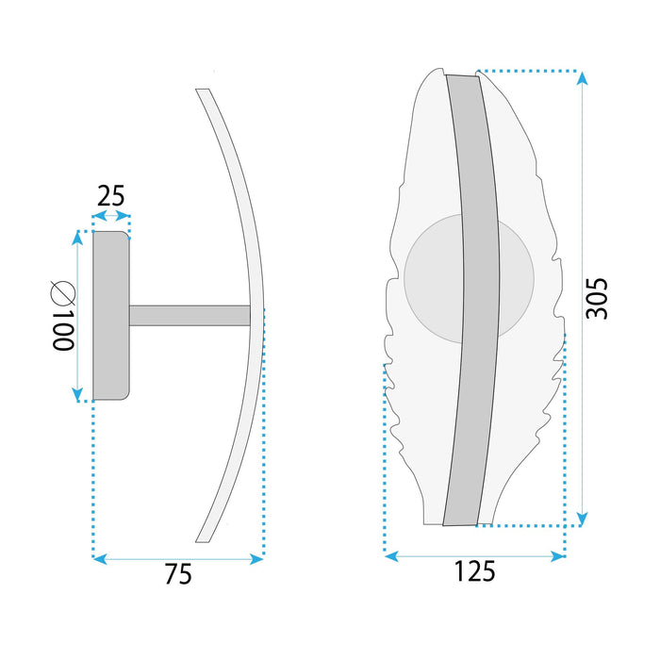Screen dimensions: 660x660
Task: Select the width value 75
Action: click(177, 574)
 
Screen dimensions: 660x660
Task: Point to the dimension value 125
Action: click(474, 571)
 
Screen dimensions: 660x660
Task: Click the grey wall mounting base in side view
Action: click(109, 316)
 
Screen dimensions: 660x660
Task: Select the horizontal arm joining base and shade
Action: click(189, 316)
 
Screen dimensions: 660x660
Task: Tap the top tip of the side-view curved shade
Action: click(202, 91)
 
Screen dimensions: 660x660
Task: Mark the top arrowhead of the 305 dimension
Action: click(582, 79)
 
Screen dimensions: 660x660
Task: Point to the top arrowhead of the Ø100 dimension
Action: click(77, 239)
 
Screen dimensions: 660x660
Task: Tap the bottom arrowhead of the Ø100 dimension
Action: click(77, 394)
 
